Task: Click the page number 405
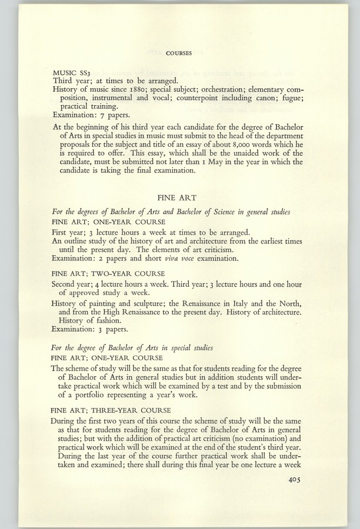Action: tap(292, 480)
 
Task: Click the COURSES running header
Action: tap(179, 53)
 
